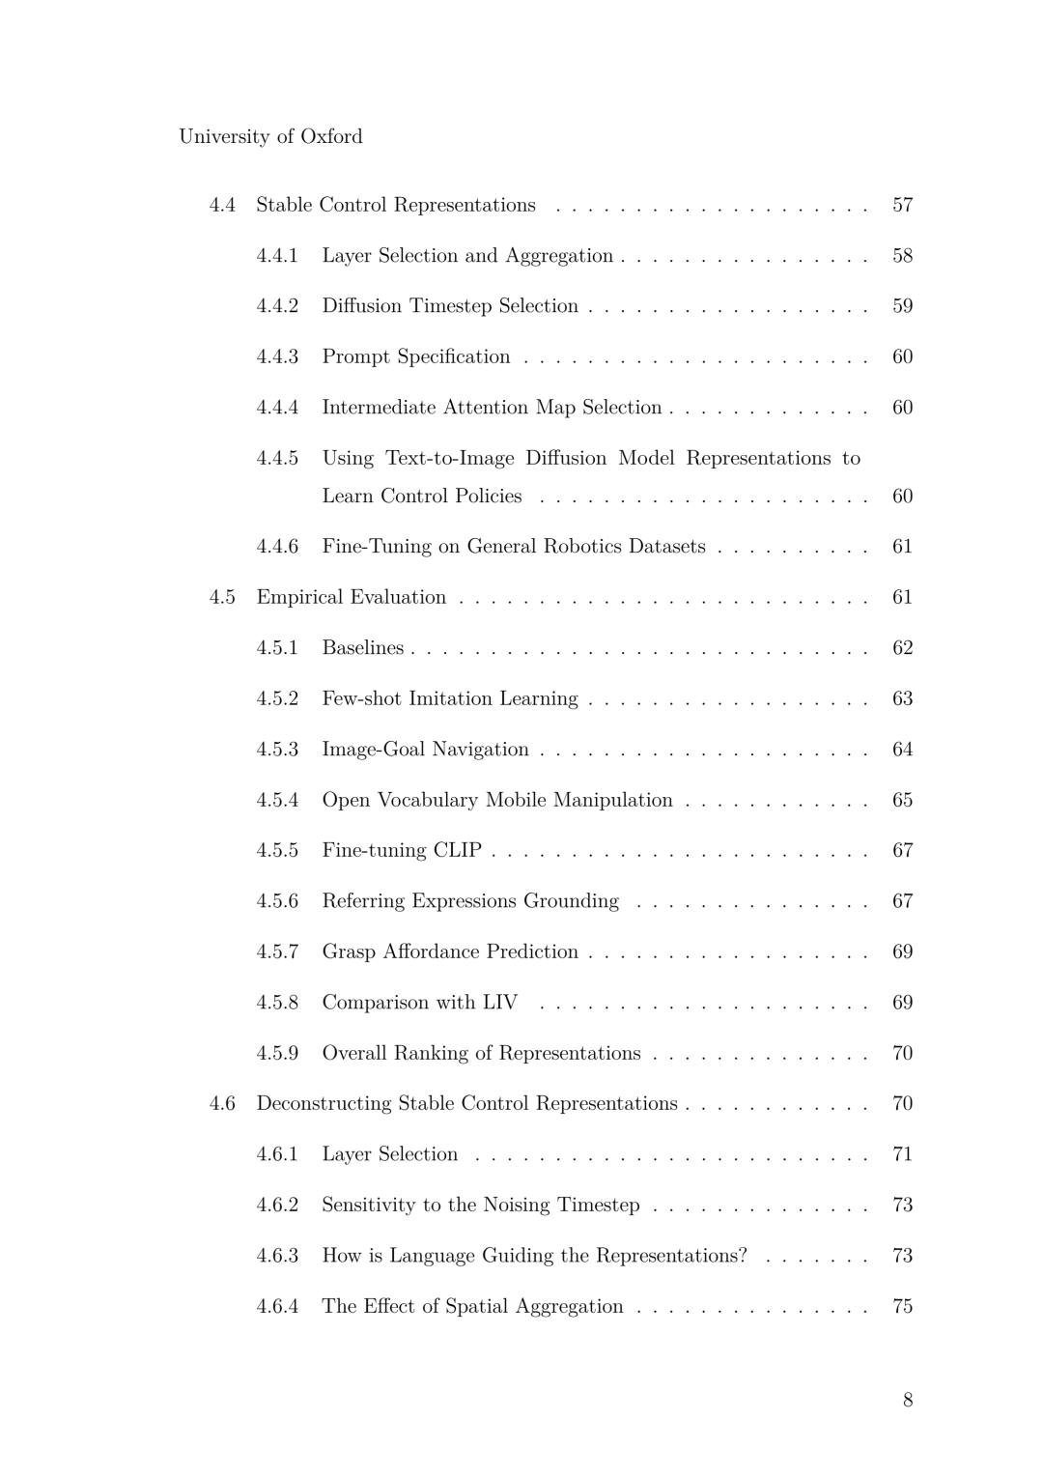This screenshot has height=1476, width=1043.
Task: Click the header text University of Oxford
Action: click(x=270, y=136)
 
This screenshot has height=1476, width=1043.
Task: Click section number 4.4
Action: click(x=222, y=205)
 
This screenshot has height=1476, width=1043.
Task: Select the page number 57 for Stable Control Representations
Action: click(x=902, y=205)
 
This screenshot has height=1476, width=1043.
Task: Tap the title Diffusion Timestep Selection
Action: click(x=450, y=306)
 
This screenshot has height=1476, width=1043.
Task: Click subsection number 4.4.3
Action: click(x=277, y=356)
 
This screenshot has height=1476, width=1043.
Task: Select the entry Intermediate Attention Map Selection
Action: click(x=492, y=408)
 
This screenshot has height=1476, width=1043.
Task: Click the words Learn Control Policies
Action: click(x=422, y=496)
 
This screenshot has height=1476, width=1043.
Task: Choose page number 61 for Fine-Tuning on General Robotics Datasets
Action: click(x=902, y=547)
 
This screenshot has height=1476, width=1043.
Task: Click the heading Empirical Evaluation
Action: click(x=352, y=597)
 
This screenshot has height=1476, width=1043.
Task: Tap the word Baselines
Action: click(x=363, y=648)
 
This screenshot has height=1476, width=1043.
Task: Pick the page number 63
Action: click(x=902, y=698)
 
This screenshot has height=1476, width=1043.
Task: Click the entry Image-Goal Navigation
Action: click(x=425, y=750)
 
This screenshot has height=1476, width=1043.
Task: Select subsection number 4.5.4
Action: click(x=277, y=800)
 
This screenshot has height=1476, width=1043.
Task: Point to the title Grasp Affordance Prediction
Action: click(x=450, y=951)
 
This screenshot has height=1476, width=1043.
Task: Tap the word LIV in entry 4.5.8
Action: click(x=499, y=1003)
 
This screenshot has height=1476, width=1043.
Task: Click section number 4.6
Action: click(x=222, y=1103)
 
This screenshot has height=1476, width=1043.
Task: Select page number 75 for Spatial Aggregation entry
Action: click(x=902, y=1306)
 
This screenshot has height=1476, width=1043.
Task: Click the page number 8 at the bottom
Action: click(x=907, y=1400)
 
